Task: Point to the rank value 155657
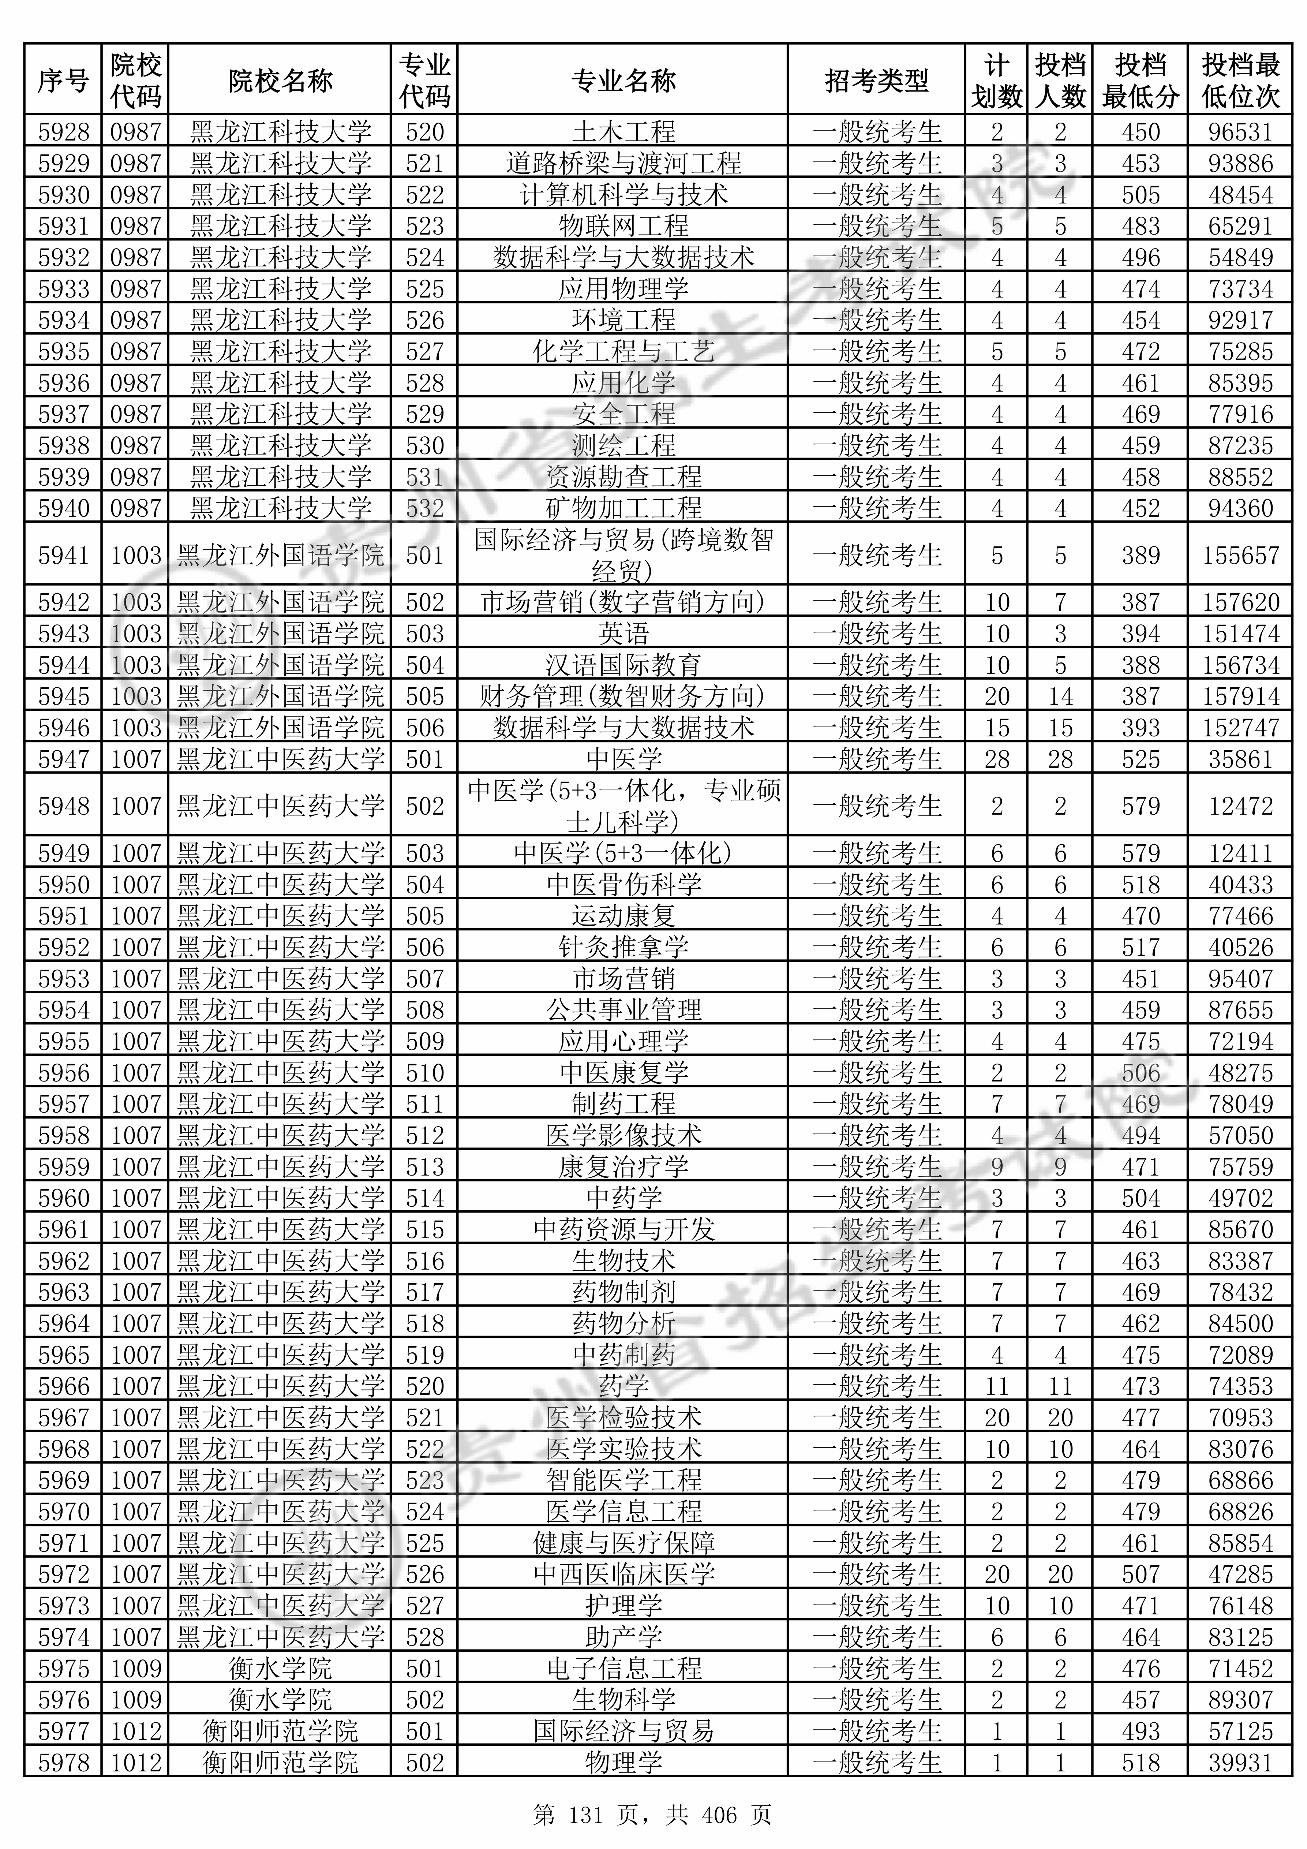tap(1240, 555)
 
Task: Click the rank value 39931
tap(1240, 1763)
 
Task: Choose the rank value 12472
tap(1240, 806)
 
